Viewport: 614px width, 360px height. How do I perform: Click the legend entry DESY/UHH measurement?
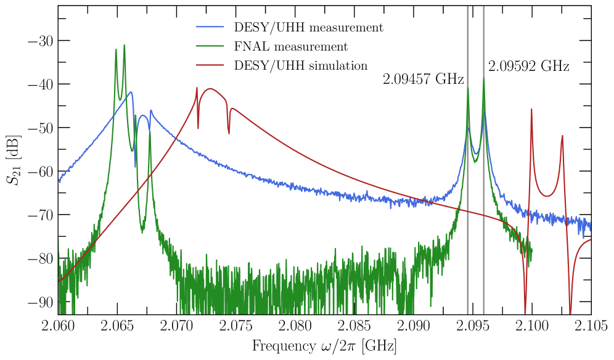(308, 28)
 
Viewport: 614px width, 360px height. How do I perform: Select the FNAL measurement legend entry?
(290, 47)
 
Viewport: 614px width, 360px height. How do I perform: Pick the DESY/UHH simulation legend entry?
(301, 65)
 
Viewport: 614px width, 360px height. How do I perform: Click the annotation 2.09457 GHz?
(423, 79)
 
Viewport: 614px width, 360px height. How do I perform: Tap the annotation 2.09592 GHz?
(528, 66)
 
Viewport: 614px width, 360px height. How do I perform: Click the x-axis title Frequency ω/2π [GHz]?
(324, 346)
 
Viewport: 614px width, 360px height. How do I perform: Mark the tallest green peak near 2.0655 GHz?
(124, 46)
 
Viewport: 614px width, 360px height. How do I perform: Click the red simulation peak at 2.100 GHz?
(531, 110)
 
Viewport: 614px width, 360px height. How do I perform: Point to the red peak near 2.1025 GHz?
(562, 136)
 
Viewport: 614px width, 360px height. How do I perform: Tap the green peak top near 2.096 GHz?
(484, 78)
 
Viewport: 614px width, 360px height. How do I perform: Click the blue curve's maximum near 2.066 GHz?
(131, 92)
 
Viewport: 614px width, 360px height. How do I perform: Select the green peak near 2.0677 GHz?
(150, 131)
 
